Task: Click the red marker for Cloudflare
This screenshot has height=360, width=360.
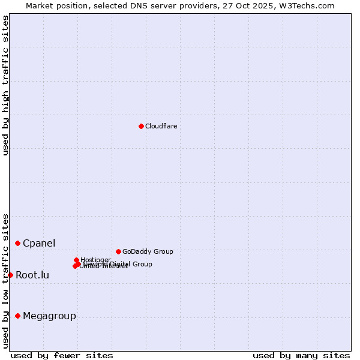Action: point(141,126)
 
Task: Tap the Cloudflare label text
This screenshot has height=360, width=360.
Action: point(161,126)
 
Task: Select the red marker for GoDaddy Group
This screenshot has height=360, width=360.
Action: point(118,251)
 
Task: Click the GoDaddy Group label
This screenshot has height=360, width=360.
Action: point(148,251)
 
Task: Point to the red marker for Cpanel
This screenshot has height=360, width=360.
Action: point(17,243)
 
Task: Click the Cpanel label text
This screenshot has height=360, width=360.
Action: point(39,243)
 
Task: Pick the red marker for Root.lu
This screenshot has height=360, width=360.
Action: point(10,275)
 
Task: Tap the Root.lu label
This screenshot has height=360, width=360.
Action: point(32,275)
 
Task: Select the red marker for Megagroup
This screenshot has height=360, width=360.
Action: point(17,316)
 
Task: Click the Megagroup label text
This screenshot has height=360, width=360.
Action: point(49,316)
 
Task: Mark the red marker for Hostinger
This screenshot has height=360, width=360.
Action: point(76,260)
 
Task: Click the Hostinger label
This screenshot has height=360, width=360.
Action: point(95,260)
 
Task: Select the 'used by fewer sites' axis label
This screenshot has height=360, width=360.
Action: point(62,355)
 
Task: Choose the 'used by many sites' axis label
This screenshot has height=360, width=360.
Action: point(301,355)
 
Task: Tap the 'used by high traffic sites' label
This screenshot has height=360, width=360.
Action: point(5,85)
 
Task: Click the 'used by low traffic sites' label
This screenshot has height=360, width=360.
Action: point(5,281)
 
